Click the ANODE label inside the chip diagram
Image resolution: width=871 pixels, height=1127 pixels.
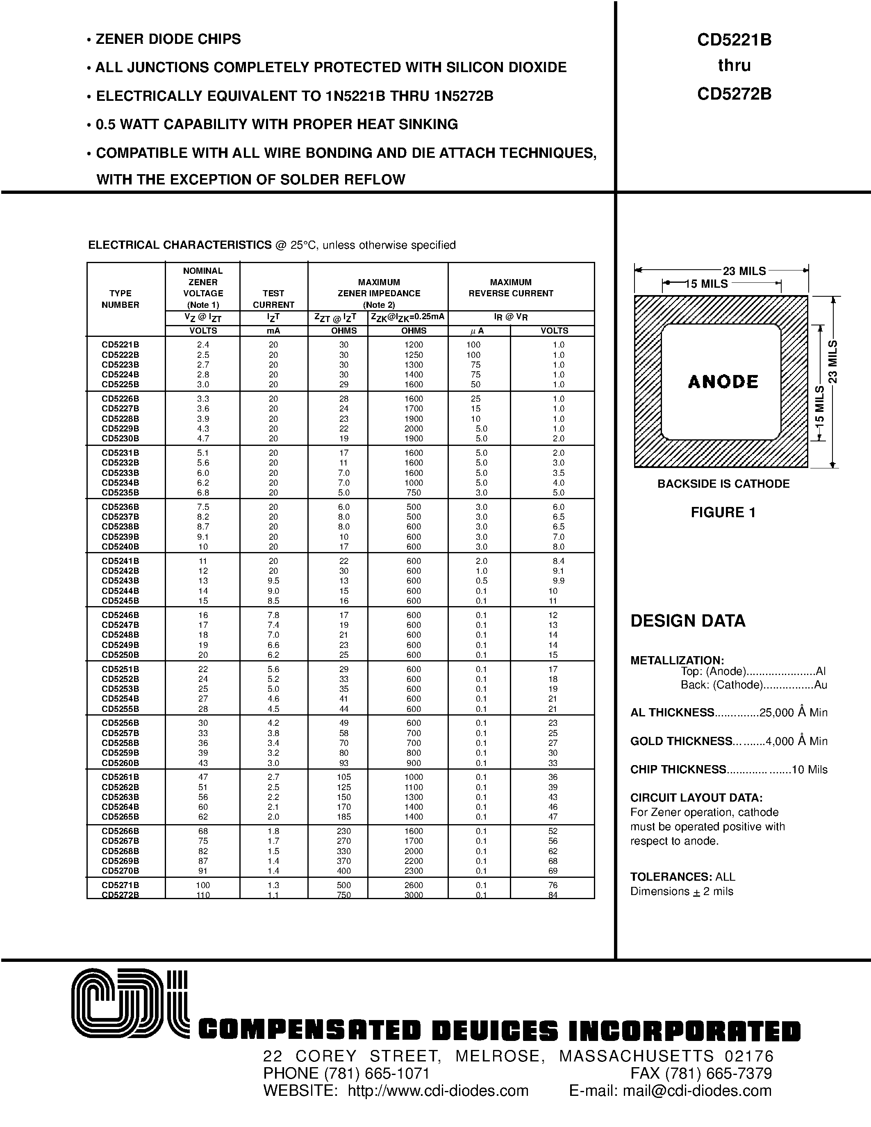point(723,382)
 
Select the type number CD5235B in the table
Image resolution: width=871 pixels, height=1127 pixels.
point(120,492)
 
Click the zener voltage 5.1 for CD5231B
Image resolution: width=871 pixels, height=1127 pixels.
point(203,452)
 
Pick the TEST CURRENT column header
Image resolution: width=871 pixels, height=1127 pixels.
point(273,299)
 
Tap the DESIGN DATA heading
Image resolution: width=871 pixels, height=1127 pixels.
point(688,621)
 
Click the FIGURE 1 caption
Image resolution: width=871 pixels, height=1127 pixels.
point(723,512)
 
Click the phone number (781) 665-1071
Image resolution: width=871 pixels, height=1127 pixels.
point(377,1073)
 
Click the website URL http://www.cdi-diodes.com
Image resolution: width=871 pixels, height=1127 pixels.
point(438,1091)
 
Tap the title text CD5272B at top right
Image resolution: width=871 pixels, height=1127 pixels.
point(734,94)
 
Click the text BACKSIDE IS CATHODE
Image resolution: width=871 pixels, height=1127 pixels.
point(723,484)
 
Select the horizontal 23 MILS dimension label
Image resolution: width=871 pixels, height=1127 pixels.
point(744,271)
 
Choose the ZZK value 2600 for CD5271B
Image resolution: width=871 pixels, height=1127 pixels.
point(414,885)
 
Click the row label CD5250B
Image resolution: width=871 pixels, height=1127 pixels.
point(120,655)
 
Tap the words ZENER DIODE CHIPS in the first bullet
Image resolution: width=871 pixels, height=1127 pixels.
point(168,39)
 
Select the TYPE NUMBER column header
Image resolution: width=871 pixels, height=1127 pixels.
point(120,299)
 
